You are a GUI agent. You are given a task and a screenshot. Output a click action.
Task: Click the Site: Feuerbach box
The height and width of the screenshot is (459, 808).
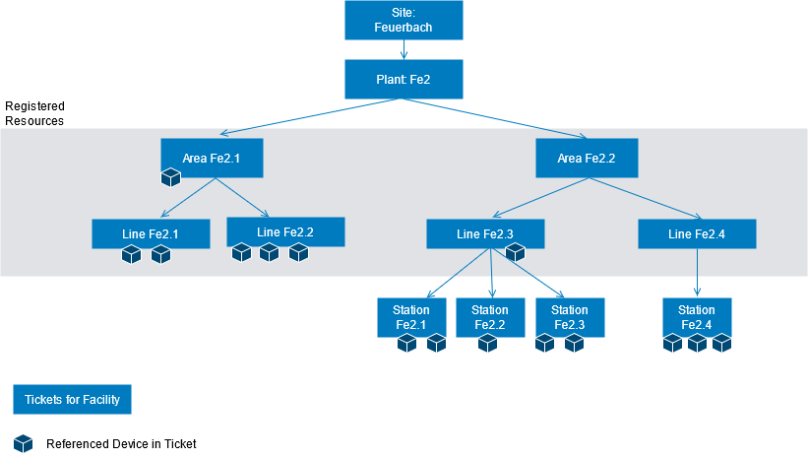[x=404, y=20]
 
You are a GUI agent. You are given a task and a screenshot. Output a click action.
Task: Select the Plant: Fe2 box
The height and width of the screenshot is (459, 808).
[x=404, y=79]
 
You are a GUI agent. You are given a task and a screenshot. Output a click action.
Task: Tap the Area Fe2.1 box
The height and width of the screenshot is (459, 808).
[x=213, y=157]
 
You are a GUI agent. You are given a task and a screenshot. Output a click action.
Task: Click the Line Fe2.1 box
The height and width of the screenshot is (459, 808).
[x=151, y=233]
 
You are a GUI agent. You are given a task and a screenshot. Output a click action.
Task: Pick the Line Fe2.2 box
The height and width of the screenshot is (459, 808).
[x=285, y=231]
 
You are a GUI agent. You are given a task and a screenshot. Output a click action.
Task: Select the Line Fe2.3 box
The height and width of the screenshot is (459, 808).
[x=484, y=233]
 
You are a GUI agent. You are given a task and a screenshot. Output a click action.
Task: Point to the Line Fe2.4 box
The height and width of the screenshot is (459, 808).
[x=697, y=233]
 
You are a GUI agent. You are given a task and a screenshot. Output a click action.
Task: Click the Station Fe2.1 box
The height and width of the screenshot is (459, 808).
[x=411, y=316]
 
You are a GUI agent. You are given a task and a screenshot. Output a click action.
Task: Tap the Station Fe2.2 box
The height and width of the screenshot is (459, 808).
[x=489, y=316]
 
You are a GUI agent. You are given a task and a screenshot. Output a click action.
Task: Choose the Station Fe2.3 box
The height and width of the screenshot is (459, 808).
[x=570, y=316]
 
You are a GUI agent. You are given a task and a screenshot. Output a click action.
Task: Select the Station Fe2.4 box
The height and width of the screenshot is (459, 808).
[x=697, y=316]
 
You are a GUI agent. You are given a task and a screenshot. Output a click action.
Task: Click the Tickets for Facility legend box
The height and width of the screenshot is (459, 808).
[x=72, y=399]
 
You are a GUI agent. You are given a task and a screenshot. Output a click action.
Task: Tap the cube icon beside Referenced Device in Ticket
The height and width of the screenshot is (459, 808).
[x=24, y=443]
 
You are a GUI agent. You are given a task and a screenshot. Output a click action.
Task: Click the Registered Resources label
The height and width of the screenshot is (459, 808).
[x=35, y=113]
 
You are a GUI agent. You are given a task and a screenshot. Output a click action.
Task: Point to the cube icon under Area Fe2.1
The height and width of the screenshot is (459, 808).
[x=171, y=177]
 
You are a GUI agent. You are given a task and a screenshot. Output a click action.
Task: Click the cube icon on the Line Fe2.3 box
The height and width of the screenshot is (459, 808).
[x=515, y=253]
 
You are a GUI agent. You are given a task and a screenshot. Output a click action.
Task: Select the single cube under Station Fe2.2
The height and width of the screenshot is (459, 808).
[x=488, y=343]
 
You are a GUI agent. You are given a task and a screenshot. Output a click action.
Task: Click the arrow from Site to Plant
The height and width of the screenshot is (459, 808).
[x=404, y=49]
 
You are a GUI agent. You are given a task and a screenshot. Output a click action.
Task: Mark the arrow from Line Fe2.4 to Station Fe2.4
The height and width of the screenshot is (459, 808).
[x=698, y=273]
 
